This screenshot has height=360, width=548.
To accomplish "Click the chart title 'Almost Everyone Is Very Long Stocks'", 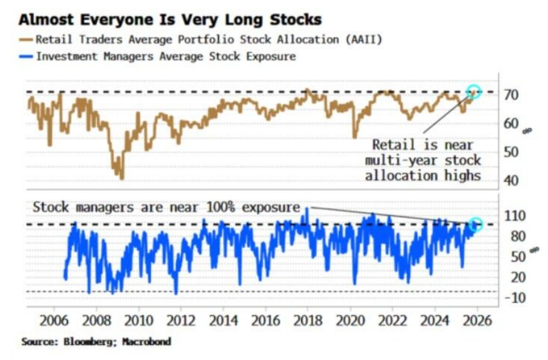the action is click(x=170, y=19).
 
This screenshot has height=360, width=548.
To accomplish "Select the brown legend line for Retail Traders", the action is click(x=26, y=40).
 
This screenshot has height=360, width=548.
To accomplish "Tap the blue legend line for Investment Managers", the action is click(x=26, y=56).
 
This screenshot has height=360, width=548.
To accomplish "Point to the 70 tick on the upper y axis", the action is click(x=510, y=95).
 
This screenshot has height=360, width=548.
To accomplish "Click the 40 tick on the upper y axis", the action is click(x=510, y=181).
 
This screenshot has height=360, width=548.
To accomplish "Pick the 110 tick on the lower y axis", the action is click(x=515, y=216).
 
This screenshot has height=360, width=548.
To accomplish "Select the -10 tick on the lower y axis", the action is click(x=515, y=298).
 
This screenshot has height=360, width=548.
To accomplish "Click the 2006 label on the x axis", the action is click(x=54, y=321).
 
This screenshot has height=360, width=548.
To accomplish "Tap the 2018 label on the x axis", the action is click(x=308, y=321).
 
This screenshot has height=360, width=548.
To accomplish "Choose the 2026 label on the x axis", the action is click(x=477, y=321).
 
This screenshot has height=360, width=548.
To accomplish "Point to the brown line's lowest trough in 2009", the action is click(x=121, y=178).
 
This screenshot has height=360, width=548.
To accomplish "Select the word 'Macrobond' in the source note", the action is click(x=147, y=341).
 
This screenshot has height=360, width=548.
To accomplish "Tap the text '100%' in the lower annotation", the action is click(x=220, y=208).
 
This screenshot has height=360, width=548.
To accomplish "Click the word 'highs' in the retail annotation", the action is click(x=462, y=175).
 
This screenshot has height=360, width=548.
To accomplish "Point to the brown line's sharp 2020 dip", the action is click(x=354, y=136).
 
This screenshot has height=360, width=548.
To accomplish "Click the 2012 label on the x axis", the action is click(x=181, y=321).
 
